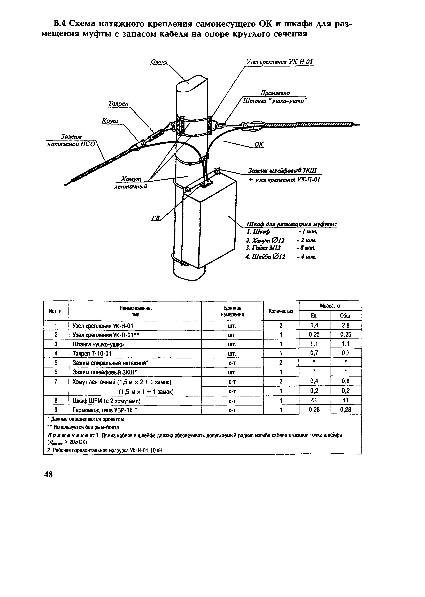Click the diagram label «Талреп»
pos(119,104)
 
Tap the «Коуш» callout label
pos(110,121)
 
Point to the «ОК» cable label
pos(259,144)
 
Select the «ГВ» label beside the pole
pos(156,218)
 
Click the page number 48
pos(48,474)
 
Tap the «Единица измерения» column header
pos(232,311)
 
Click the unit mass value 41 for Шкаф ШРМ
pos(314,400)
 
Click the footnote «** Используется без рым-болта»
pos(83,427)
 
